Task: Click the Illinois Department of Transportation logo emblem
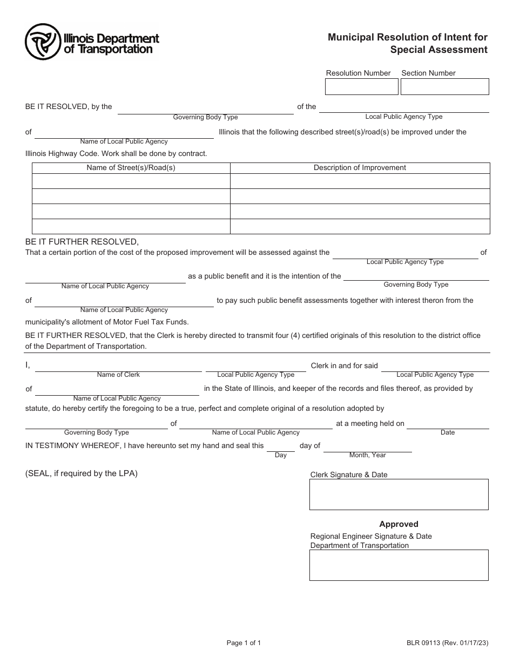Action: [x=43, y=42]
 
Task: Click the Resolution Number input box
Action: [x=361, y=87]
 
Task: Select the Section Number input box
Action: [x=444, y=87]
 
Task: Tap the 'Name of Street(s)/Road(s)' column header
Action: [x=131, y=168]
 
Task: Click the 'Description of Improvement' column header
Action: [x=360, y=168]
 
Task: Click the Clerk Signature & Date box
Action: [x=399, y=494]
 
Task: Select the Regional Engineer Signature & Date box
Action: [x=399, y=565]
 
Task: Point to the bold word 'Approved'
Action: [x=399, y=524]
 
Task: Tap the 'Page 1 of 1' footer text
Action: [x=244, y=643]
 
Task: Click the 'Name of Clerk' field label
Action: [x=118, y=375]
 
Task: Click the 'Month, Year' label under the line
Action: [x=367, y=455]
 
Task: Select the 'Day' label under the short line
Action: [x=281, y=456]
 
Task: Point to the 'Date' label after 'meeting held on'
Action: [x=448, y=432]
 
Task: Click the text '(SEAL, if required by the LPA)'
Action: [x=82, y=473]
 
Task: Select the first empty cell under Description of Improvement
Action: [x=360, y=181]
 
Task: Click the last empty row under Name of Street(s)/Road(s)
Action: [x=131, y=226]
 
